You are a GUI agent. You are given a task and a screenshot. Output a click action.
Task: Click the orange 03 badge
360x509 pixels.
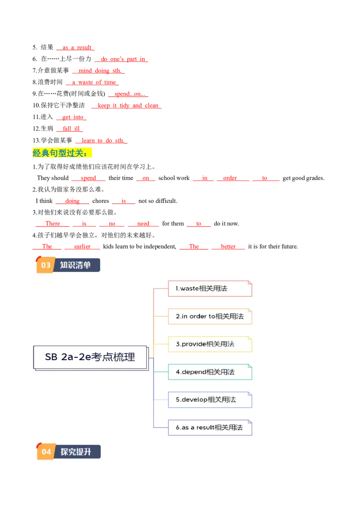coord(45,265)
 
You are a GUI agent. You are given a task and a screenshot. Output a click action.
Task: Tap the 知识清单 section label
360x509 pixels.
coord(76,265)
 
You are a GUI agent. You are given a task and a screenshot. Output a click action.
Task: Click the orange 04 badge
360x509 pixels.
coord(46,451)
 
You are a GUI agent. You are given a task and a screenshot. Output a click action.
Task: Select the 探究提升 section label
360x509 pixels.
coord(76,451)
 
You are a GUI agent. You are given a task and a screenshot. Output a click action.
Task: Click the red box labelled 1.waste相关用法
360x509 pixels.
coord(210,289)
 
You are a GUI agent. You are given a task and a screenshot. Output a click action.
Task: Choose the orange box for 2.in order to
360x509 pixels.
coord(210,316)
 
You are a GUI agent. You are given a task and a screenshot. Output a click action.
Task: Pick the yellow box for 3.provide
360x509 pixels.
coord(210,344)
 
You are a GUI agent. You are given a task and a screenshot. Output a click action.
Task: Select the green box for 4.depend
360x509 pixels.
coord(210,372)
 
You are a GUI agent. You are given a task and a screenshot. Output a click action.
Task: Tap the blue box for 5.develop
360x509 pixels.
coord(210,399)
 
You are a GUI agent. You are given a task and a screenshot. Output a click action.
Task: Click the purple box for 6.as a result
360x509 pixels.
coord(210,427)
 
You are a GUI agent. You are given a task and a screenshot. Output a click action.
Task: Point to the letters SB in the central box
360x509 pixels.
coord(51,357)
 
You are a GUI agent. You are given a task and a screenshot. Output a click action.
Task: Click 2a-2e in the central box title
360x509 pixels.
coord(76,357)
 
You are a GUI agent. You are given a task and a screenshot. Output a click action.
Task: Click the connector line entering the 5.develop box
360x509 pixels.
coord(161,399)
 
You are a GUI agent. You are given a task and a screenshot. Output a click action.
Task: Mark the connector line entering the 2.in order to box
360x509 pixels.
coord(161,316)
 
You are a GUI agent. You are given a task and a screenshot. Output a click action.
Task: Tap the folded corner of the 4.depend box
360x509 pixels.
coord(249,366)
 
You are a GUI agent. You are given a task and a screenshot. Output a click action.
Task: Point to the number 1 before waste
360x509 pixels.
coord(176,289)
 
